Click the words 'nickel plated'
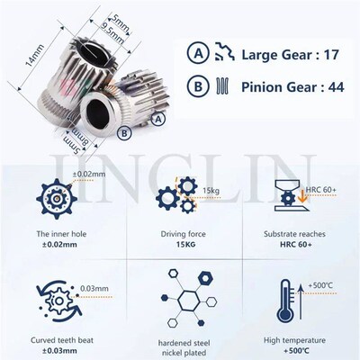(x=180, y=350)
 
